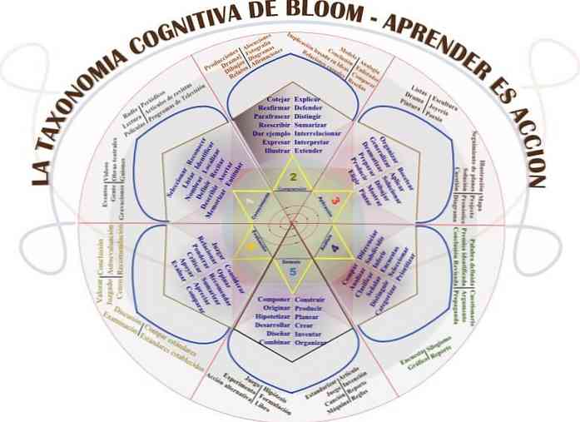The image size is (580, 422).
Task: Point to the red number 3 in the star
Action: (335, 201)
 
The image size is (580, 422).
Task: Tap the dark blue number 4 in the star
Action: (335, 247)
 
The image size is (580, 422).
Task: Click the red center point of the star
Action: (290, 223)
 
